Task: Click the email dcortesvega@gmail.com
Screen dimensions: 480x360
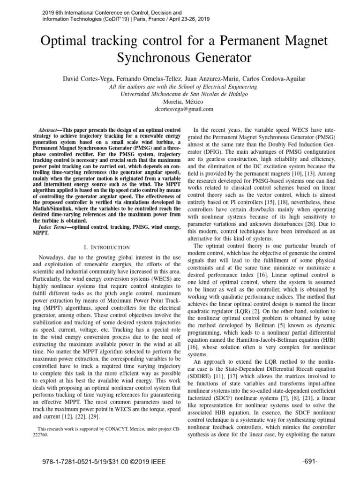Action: click(180, 109)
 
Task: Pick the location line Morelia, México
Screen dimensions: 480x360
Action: click(180, 101)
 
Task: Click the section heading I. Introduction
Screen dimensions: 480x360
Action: click(100, 247)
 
